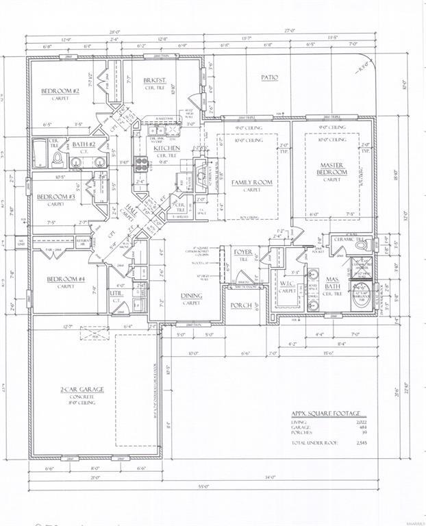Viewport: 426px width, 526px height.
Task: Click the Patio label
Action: [x=269, y=77]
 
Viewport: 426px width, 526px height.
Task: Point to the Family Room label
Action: [x=248, y=183]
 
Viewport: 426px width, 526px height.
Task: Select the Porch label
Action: [x=241, y=305]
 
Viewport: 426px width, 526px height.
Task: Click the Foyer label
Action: [x=243, y=252]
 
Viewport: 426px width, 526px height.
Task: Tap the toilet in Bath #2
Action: [x=59, y=160]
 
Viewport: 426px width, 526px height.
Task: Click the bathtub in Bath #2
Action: [x=40, y=153]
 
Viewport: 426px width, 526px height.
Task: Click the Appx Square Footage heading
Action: [x=325, y=414]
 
